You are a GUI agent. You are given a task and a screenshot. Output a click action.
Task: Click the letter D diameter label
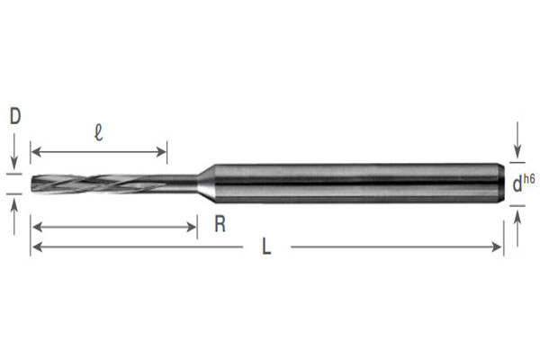coord(14,115)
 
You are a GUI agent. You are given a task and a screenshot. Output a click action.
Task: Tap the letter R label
coord(219,225)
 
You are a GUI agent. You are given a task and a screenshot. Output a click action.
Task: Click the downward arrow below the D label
coord(14,158)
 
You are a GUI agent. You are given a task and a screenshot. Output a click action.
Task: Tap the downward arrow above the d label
coord(517,154)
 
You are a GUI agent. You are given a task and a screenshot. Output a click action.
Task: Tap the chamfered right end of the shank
coord(499,183)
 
